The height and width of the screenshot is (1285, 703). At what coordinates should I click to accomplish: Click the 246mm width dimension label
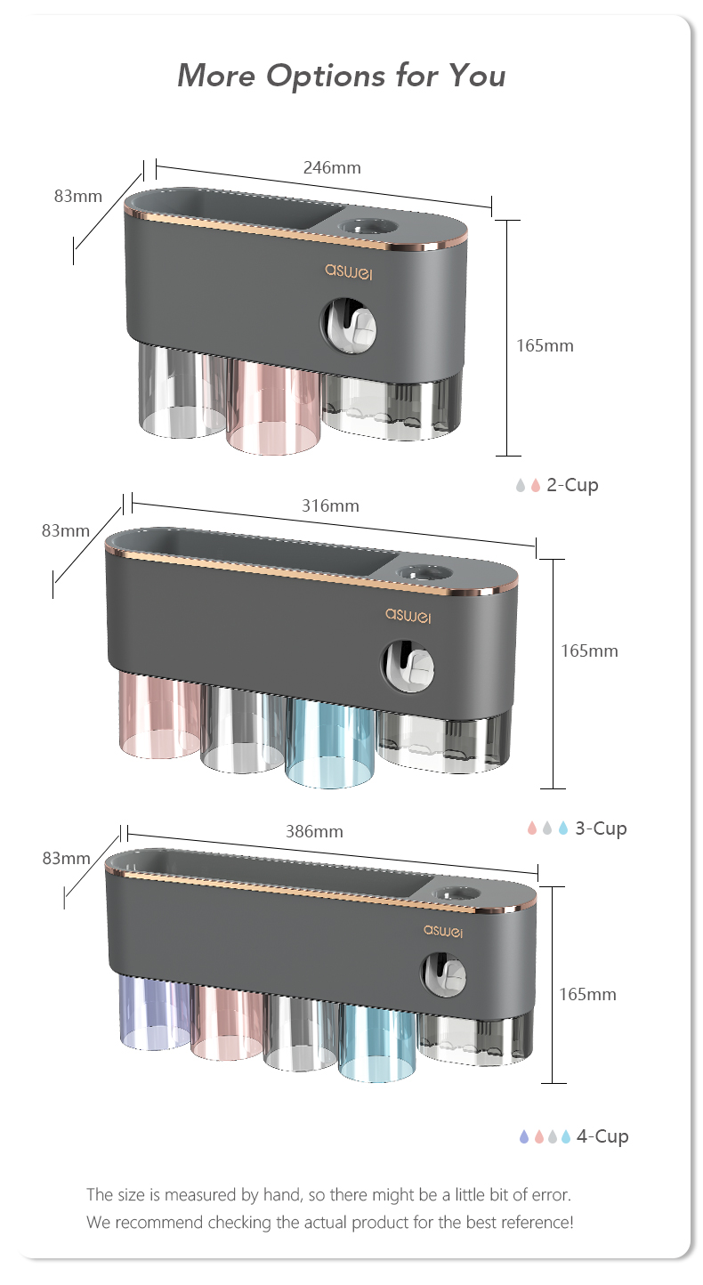(x=332, y=167)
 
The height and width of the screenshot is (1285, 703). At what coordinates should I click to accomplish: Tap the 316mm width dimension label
(x=330, y=506)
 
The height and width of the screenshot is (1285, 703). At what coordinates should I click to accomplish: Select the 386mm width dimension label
(x=314, y=831)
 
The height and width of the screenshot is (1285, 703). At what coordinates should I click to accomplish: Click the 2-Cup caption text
(x=572, y=485)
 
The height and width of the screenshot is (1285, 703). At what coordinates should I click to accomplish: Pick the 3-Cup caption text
(x=601, y=828)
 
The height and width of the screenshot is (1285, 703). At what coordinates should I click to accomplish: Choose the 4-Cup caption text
(x=602, y=1136)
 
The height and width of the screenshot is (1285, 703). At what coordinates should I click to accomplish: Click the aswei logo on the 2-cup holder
(x=349, y=271)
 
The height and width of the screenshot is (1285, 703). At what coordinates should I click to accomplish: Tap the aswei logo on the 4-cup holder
(x=443, y=931)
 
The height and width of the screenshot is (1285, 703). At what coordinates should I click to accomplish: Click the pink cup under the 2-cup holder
(x=273, y=407)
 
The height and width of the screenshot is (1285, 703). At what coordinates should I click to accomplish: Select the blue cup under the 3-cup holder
(x=330, y=743)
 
